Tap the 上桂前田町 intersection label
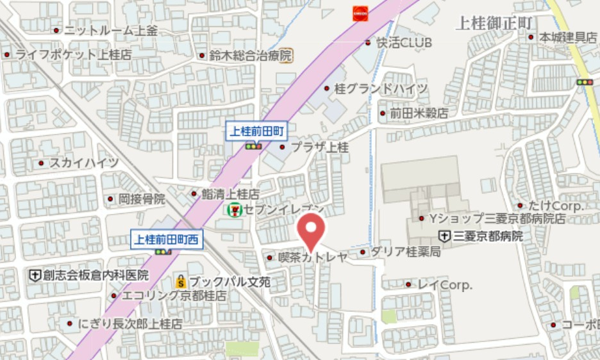coord(257,131)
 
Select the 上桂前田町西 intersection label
coord(167,240)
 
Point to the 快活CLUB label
coord(404,43)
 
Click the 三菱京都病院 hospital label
coord(488,236)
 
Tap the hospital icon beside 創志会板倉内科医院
coord(35,275)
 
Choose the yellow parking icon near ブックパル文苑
coord(181,281)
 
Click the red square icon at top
coord(360,13)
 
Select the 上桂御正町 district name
coord(494,23)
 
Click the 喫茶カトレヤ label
coord(313,257)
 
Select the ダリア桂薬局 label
coord(406,252)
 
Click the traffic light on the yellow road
coord(585,82)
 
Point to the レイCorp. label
coord(445,284)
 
